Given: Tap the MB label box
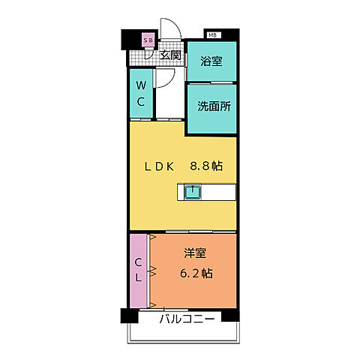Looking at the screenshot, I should [213, 34].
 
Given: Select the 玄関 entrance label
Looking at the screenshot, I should [170, 55].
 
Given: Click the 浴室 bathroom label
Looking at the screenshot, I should [211, 62].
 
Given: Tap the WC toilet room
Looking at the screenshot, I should [141, 94].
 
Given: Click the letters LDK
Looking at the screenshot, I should [159, 166].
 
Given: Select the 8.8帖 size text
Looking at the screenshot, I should [207, 166].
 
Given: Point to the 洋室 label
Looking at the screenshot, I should [196, 255].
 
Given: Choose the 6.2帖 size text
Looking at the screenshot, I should [196, 273].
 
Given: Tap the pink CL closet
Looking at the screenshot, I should [139, 271].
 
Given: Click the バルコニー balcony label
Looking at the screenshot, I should [186, 319].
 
